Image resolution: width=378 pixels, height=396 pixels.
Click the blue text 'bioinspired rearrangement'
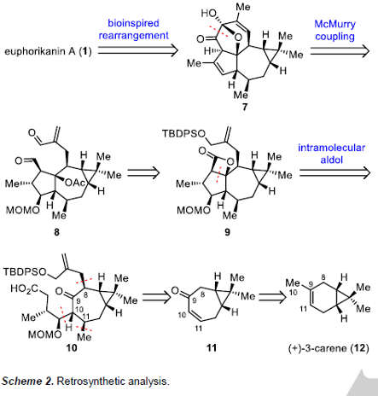(133, 29)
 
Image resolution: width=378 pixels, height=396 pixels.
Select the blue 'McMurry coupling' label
(334, 30)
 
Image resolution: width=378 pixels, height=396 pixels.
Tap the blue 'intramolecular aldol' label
(331, 154)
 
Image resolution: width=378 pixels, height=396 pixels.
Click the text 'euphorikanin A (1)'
(48, 52)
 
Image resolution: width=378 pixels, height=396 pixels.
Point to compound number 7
(244, 107)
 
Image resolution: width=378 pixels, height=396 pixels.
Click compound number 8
(56, 232)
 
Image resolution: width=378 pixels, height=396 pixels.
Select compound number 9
(227, 232)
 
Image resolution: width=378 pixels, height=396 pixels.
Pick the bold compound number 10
(72, 347)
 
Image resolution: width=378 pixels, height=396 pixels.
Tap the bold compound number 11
(212, 347)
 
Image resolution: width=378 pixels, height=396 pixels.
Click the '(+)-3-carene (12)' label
(329, 348)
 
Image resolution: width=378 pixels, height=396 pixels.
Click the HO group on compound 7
(208, 13)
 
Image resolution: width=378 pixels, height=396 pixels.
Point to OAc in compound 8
(75, 183)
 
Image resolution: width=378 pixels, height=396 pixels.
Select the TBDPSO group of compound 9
(183, 133)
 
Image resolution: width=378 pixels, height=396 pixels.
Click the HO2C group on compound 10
(25, 289)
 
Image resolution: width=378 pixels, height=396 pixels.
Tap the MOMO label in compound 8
(23, 210)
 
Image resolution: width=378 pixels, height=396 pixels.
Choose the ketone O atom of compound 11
(175, 291)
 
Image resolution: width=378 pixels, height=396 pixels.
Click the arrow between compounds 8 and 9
(144, 173)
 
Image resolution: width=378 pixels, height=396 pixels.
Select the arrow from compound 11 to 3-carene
(271, 298)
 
